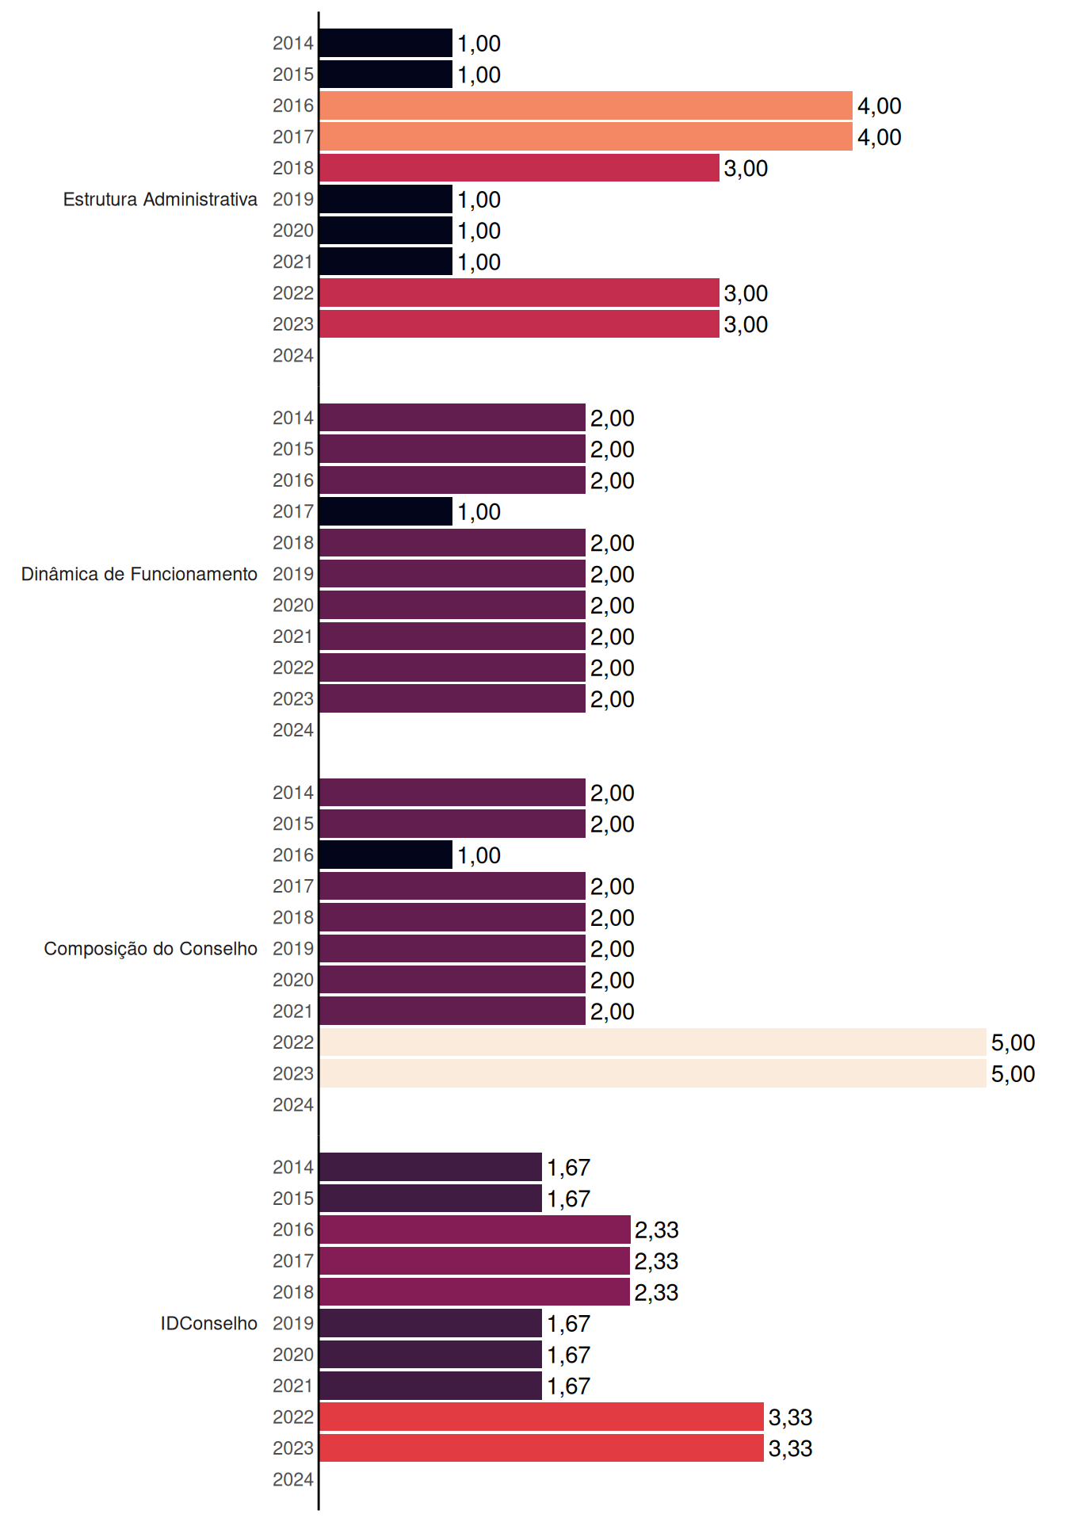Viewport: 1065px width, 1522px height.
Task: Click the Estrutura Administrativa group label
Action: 160,199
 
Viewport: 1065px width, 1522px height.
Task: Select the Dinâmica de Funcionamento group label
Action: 139,574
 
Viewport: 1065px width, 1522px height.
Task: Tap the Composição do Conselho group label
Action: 151,949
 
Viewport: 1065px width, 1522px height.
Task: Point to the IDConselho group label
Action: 209,1323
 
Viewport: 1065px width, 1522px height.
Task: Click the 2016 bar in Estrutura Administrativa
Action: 586,105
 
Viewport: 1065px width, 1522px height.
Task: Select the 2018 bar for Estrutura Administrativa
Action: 519,168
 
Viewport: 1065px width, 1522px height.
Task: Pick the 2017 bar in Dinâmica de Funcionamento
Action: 386,511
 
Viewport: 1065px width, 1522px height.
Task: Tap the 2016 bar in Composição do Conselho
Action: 386,855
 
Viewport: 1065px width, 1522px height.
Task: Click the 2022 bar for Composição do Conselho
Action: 653,1042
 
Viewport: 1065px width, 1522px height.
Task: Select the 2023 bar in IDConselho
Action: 541,1448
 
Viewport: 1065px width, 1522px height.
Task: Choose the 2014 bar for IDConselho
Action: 430,1167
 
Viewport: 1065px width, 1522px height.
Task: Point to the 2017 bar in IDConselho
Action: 475,1260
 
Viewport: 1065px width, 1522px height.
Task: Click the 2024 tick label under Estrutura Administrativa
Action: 293,355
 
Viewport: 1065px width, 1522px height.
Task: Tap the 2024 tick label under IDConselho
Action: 293,1479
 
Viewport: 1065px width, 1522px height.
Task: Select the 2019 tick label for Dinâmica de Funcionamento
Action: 293,574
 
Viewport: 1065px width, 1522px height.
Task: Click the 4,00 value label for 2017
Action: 880,137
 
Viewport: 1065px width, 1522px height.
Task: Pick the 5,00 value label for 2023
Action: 1013,1074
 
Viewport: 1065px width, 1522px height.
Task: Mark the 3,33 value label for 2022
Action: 790,1417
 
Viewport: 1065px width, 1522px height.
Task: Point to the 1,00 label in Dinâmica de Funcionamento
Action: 479,512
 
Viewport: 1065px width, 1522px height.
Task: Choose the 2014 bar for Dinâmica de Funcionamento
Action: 452,418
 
